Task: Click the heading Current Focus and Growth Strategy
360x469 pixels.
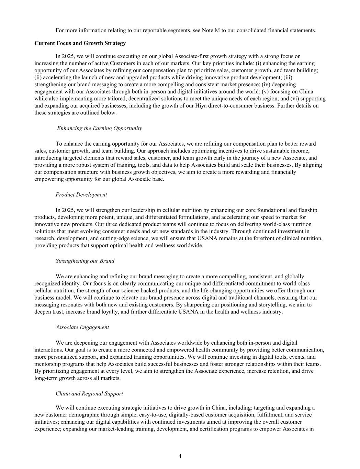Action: pos(80,43)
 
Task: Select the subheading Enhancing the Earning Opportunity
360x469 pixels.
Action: pos(99,128)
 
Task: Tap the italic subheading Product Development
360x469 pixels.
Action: pos(81,194)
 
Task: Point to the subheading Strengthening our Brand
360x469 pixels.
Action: pos(85,261)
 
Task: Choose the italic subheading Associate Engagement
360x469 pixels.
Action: pos(82,327)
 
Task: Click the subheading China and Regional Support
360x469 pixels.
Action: pos(89,393)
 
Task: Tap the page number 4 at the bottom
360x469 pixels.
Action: pos(180,456)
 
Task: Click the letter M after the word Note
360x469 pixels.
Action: pos(217,30)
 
